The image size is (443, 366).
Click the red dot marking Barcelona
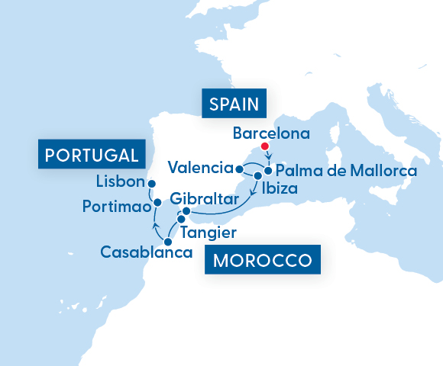coord(265,146)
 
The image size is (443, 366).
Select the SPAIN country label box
coord(231,104)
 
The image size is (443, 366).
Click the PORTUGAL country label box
coord(91,155)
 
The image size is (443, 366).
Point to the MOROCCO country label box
coord(262,260)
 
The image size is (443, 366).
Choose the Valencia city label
coord(200,168)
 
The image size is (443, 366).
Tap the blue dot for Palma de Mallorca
coord(268,170)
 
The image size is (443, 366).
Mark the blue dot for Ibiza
coord(258,177)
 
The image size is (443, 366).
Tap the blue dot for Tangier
coord(181,220)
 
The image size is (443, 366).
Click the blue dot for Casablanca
coord(168,242)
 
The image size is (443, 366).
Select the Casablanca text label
coord(145,252)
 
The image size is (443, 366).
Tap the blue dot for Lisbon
coord(151,184)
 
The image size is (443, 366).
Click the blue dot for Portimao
coord(157,202)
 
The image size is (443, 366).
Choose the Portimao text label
coord(117,207)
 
